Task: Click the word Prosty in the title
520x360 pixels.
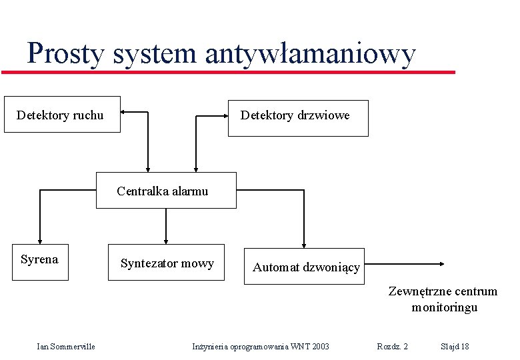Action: click(65, 53)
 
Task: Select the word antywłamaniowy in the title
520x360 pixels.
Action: click(310, 53)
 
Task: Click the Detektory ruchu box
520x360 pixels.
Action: click(62, 115)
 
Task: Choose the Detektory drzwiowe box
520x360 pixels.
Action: click(297, 117)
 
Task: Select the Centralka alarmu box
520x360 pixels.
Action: click(166, 191)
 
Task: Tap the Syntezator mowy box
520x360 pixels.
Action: click(167, 262)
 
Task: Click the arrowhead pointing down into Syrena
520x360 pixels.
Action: click(40, 241)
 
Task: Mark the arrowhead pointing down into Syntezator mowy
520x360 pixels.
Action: click(166, 241)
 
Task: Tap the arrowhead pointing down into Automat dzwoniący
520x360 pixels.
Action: click(304, 244)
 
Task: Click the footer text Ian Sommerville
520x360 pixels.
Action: click(66, 346)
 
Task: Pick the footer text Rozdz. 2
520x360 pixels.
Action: click(393, 346)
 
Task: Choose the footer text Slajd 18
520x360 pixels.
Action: click(455, 346)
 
